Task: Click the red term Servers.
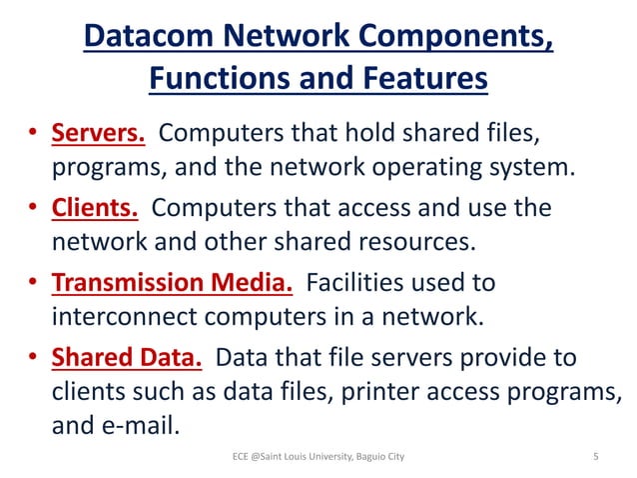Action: pyautogui.click(x=100, y=132)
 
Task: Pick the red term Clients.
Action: pyautogui.click(x=95, y=208)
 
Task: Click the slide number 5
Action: pyautogui.click(x=595, y=457)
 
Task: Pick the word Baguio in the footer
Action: pyautogui.click(x=362, y=457)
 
